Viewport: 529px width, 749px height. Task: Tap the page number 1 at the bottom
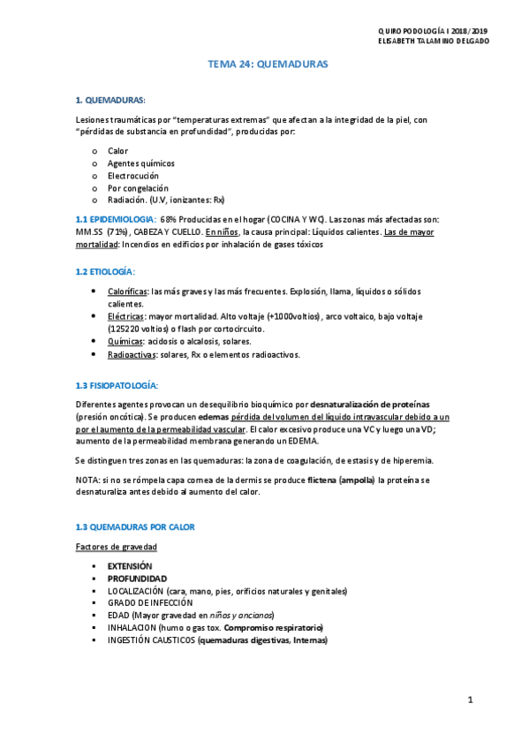[x=472, y=700]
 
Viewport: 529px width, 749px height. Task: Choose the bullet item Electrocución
[x=133, y=175]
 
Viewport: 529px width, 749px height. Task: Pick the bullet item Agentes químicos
[x=140, y=163]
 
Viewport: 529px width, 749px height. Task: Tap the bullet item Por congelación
[x=135, y=187]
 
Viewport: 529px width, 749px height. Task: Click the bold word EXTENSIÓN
[x=130, y=565]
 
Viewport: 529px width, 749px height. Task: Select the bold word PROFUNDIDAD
[x=137, y=579]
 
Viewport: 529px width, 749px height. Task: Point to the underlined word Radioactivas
[x=130, y=354]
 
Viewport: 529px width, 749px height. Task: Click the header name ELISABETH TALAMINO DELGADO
[x=432, y=40]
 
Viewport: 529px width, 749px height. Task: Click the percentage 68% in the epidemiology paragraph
[x=170, y=218]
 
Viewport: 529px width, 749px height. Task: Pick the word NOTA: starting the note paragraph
[x=87, y=478]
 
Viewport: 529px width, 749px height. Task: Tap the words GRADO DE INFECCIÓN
[x=150, y=603]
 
